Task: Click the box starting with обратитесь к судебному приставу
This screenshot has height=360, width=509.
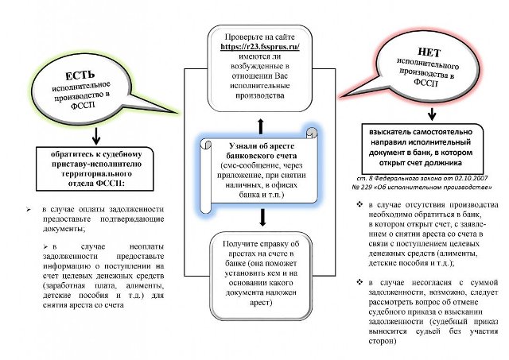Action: pyautogui.click(x=91, y=169)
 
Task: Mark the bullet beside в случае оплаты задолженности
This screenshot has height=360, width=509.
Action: pyautogui.click(x=30, y=209)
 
